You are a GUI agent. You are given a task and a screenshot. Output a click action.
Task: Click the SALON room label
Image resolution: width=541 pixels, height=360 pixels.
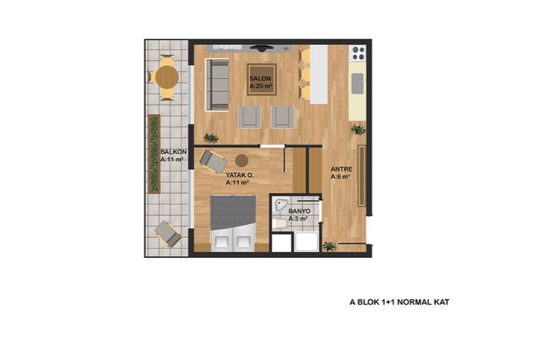pyautogui.click(x=260, y=79)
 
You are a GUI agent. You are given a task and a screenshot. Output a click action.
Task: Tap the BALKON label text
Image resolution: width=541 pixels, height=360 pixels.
pyautogui.click(x=174, y=151)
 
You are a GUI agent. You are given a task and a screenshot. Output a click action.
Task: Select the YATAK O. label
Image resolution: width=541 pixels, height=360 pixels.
pyautogui.click(x=240, y=175)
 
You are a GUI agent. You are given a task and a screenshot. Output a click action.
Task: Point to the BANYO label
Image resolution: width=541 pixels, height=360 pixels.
pyautogui.click(x=300, y=211)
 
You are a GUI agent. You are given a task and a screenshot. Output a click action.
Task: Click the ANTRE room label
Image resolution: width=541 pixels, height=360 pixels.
pyautogui.click(x=342, y=169)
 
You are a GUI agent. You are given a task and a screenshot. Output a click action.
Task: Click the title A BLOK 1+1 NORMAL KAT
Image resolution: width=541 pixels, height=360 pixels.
pyautogui.click(x=400, y=302)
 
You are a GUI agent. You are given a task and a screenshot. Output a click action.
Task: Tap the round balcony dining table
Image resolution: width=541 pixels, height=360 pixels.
pyautogui.click(x=167, y=77)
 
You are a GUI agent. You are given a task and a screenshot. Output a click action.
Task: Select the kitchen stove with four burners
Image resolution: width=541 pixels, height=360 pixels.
pyautogui.click(x=359, y=53)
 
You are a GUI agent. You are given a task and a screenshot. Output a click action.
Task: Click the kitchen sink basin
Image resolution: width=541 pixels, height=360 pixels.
pyautogui.click(x=357, y=83)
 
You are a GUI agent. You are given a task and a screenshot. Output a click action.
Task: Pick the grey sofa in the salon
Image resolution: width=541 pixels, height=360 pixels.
pyautogui.click(x=217, y=85)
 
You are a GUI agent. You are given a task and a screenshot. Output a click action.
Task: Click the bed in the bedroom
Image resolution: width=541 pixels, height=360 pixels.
pyautogui.click(x=233, y=223)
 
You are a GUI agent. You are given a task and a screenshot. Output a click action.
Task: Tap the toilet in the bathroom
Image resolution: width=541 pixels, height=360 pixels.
pyautogui.click(x=279, y=224)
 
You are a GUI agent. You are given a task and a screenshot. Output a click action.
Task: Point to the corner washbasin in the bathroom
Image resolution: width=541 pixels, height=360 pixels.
pyautogui.click(x=281, y=205)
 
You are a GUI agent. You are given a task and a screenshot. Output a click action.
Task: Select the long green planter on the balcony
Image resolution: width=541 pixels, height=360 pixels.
pyautogui.click(x=155, y=155)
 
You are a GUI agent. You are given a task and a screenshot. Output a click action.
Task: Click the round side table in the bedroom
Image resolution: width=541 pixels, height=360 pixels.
pyautogui.click(x=241, y=161)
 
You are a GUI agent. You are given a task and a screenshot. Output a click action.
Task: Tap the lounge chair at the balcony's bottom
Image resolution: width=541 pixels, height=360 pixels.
pyautogui.click(x=168, y=234)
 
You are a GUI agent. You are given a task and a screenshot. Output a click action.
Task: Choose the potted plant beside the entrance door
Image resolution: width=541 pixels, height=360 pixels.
pyautogui.click(x=329, y=246)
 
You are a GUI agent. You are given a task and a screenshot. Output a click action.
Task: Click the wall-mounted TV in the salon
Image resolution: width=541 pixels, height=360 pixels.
pyautogui.click(x=262, y=48)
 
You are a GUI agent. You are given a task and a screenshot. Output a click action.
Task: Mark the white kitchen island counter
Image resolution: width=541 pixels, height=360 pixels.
pyautogui.click(x=318, y=74)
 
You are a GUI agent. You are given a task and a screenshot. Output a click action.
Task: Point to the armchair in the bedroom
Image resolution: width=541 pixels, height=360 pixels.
pyautogui.click(x=213, y=161)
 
